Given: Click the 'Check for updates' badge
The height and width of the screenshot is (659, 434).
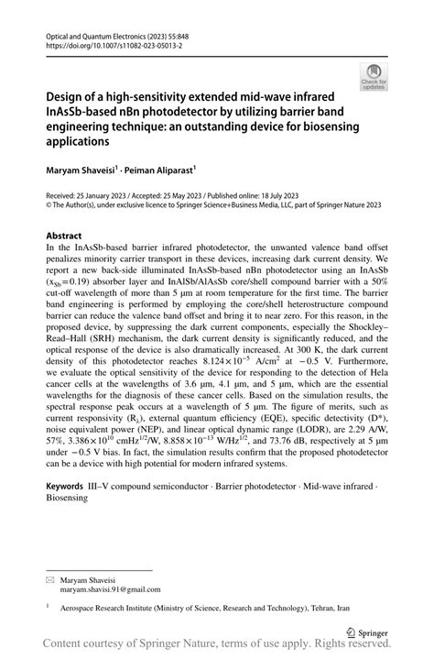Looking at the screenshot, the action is click(x=374, y=77).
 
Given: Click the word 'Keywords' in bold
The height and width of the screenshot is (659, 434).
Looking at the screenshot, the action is click(x=70, y=484).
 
